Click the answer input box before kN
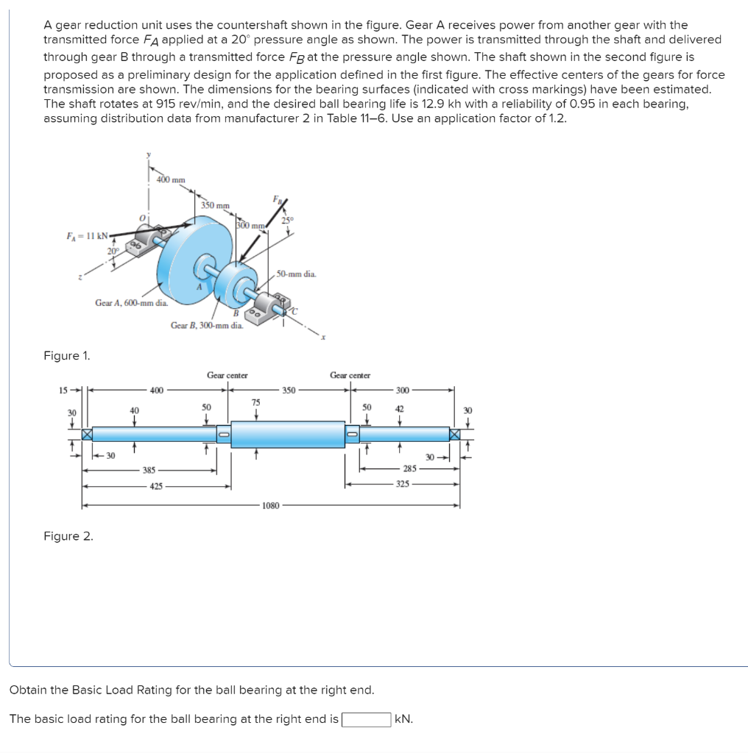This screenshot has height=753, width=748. tap(366, 718)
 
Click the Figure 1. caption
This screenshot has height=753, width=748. tap(67, 356)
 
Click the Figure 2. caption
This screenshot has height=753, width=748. tap(68, 536)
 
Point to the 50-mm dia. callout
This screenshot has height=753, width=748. tap(297, 274)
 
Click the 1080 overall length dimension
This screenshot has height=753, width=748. tap(270, 506)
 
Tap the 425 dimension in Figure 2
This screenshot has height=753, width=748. tap(157, 486)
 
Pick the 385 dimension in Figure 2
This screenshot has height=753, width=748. tap(149, 469)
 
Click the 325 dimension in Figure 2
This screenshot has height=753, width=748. tap(402, 485)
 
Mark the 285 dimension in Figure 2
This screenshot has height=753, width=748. tap(409, 468)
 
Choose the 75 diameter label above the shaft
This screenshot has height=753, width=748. tap(255, 401)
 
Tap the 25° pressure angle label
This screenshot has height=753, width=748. tap(286, 219)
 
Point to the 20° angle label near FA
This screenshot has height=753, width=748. tap(112, 251)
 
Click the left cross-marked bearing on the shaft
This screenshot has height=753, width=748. tap(88, 435)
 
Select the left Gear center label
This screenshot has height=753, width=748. tap(227, 375)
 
